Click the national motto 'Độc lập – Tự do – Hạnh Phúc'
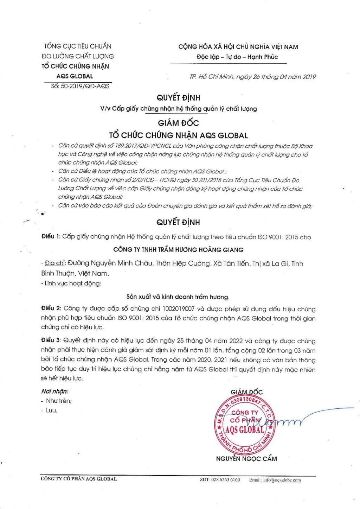237,57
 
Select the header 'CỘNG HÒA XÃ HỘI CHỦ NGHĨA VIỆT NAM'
238,47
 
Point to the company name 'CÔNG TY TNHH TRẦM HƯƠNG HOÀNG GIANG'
178,250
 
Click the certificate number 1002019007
178,309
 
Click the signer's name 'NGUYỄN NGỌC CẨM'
246,459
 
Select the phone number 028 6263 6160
226,480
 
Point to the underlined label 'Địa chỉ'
55,263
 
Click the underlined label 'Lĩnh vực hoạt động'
72,283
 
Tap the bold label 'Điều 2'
51,308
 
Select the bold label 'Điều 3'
51,341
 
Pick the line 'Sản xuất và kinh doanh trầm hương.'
178,297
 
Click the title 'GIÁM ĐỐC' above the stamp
246,392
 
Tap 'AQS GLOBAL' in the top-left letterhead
75,76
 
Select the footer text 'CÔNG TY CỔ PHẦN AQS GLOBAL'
79,479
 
